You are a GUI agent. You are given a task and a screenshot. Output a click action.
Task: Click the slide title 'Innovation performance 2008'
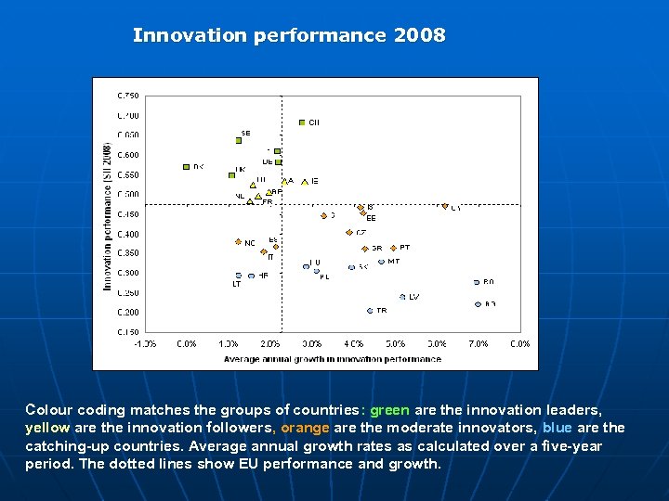(x=289, y=36)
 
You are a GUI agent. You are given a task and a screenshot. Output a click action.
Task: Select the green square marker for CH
(x=302, y=122)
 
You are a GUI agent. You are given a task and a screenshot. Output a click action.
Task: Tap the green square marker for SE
(x=239, y=141)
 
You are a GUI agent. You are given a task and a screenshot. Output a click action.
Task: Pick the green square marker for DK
(x=187, y=167)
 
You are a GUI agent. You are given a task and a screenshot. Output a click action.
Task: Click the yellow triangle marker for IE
(x=304, y=182)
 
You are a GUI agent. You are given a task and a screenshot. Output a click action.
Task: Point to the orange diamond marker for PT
(x=394, y=248)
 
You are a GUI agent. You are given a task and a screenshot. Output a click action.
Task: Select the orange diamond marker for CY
(x=445, y=206)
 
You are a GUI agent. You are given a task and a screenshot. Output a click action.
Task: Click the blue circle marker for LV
(x=402, y=297)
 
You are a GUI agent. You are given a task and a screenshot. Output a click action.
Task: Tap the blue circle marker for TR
(x=370, y=311)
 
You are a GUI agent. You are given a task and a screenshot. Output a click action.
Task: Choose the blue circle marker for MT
(x=381, y=262)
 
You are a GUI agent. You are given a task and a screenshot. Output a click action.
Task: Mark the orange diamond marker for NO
(x=238, y=242)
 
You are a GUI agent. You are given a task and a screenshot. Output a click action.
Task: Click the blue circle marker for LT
(x=239, y=276)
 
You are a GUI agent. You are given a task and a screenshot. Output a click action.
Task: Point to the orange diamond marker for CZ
(x=348, y=232)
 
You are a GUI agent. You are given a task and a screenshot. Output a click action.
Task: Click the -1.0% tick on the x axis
(x=144, y=344)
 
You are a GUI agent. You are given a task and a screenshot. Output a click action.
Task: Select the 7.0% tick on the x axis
(x=478, y=344)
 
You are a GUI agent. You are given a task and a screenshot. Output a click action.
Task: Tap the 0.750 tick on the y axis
(x=127, y=95)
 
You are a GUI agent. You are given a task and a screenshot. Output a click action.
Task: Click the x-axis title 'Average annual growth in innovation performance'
(x=333, y=359)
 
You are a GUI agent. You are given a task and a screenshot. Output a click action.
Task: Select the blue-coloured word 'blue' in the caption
(x=557, y=428)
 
